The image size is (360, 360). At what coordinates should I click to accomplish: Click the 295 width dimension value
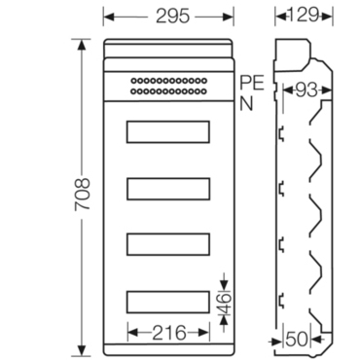pos(172,16)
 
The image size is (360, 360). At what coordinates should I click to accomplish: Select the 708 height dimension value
pos(83,194)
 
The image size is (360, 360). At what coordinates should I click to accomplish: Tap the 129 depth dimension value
pos(304,15)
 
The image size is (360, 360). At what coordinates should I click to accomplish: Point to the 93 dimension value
pos(306,90)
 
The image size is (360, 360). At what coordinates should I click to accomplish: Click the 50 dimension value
pos(297,340)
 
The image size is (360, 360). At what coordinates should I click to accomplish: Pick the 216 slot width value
pos(169,333)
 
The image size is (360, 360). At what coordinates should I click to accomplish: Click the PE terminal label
pos(252,83)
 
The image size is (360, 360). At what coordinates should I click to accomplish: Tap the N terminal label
pos(246,104)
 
